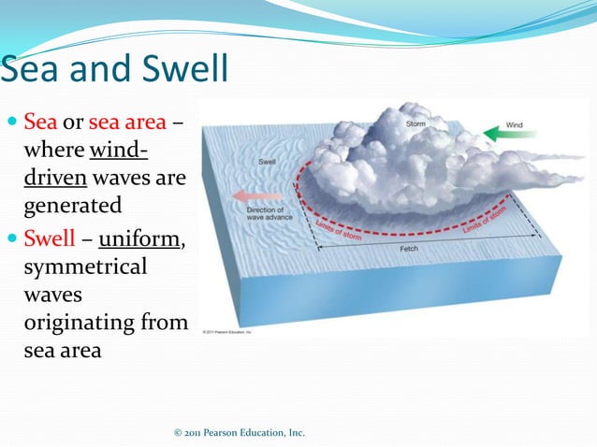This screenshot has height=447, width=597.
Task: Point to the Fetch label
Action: coord(410,250)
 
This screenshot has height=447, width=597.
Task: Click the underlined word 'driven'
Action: coord(55,178)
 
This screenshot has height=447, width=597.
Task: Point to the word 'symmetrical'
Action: coord(85,267)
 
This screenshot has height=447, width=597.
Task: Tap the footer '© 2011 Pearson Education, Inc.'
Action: coord(240,433)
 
